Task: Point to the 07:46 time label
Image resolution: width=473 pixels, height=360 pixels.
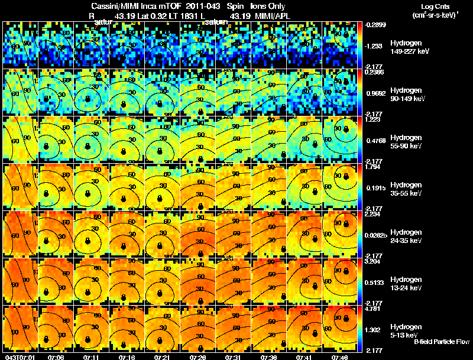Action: click(341, 357)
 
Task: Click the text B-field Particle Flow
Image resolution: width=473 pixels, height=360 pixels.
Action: click(442, 342)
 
